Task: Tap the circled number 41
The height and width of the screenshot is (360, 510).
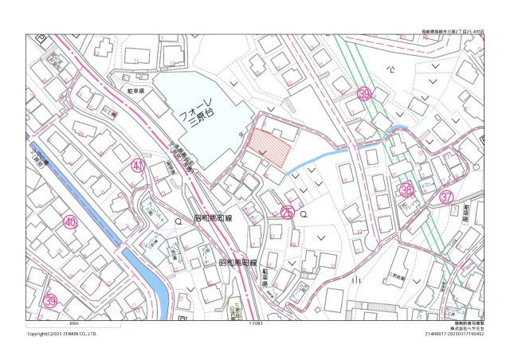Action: (138, 166)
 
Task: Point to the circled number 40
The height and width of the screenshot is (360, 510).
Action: (70, 222)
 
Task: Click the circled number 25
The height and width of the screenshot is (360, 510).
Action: (288, 213)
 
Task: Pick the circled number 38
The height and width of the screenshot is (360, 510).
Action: (406, 190)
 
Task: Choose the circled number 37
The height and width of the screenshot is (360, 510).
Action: (446, 196)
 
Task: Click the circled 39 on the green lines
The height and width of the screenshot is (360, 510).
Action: (365, 94)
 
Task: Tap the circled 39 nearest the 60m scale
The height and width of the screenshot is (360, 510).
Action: (50, 301)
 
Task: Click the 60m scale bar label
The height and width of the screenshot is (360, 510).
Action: (74, 324)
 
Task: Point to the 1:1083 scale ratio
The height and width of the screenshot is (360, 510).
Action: (256, 324)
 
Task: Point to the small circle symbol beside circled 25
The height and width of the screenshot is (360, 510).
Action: (304, 213)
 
